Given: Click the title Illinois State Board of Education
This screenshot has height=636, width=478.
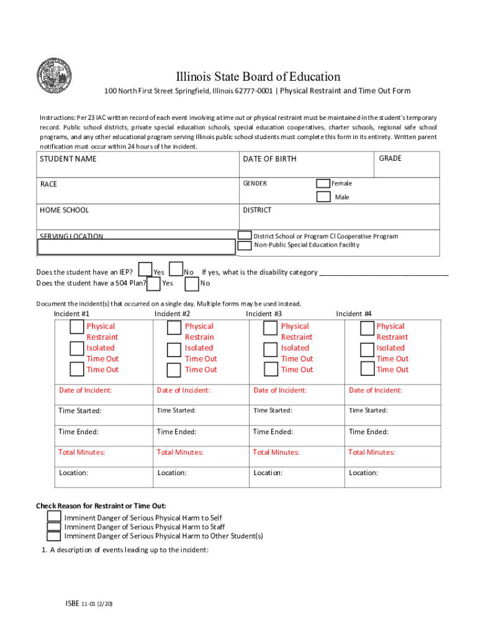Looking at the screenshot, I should click(258, 77).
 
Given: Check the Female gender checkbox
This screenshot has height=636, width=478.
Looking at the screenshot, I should click(323, 183).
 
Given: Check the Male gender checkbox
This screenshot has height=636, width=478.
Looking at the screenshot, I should click(323, 197).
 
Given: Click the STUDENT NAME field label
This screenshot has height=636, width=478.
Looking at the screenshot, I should click(68, 159).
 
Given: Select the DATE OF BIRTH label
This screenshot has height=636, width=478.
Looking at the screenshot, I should click(269, 159).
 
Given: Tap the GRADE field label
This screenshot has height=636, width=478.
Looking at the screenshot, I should click(390, 158).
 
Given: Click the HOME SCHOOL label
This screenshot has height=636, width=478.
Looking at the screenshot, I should click(64, 210).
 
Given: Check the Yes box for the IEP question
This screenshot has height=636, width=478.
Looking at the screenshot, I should click(145, 269).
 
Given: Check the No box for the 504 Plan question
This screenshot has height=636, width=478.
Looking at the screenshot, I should click(192, 283).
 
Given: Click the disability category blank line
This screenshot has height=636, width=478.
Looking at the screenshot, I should click(384, 273).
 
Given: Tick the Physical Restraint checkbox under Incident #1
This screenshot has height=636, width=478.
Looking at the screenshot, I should click(77, 327).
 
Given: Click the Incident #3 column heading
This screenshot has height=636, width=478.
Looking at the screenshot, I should click(264, 314).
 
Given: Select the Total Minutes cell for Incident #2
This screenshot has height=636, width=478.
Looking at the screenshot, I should click(179, 452).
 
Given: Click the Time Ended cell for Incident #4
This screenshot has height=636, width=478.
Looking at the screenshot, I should click(369, 432).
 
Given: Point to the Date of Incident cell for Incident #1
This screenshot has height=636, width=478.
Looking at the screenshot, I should click(85, 390).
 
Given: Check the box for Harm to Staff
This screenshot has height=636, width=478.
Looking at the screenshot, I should click(54, 527).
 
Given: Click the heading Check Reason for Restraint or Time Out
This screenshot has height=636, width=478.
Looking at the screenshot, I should click(101, 506).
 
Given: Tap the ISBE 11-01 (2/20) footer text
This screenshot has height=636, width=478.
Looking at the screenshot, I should click(89, 603).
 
